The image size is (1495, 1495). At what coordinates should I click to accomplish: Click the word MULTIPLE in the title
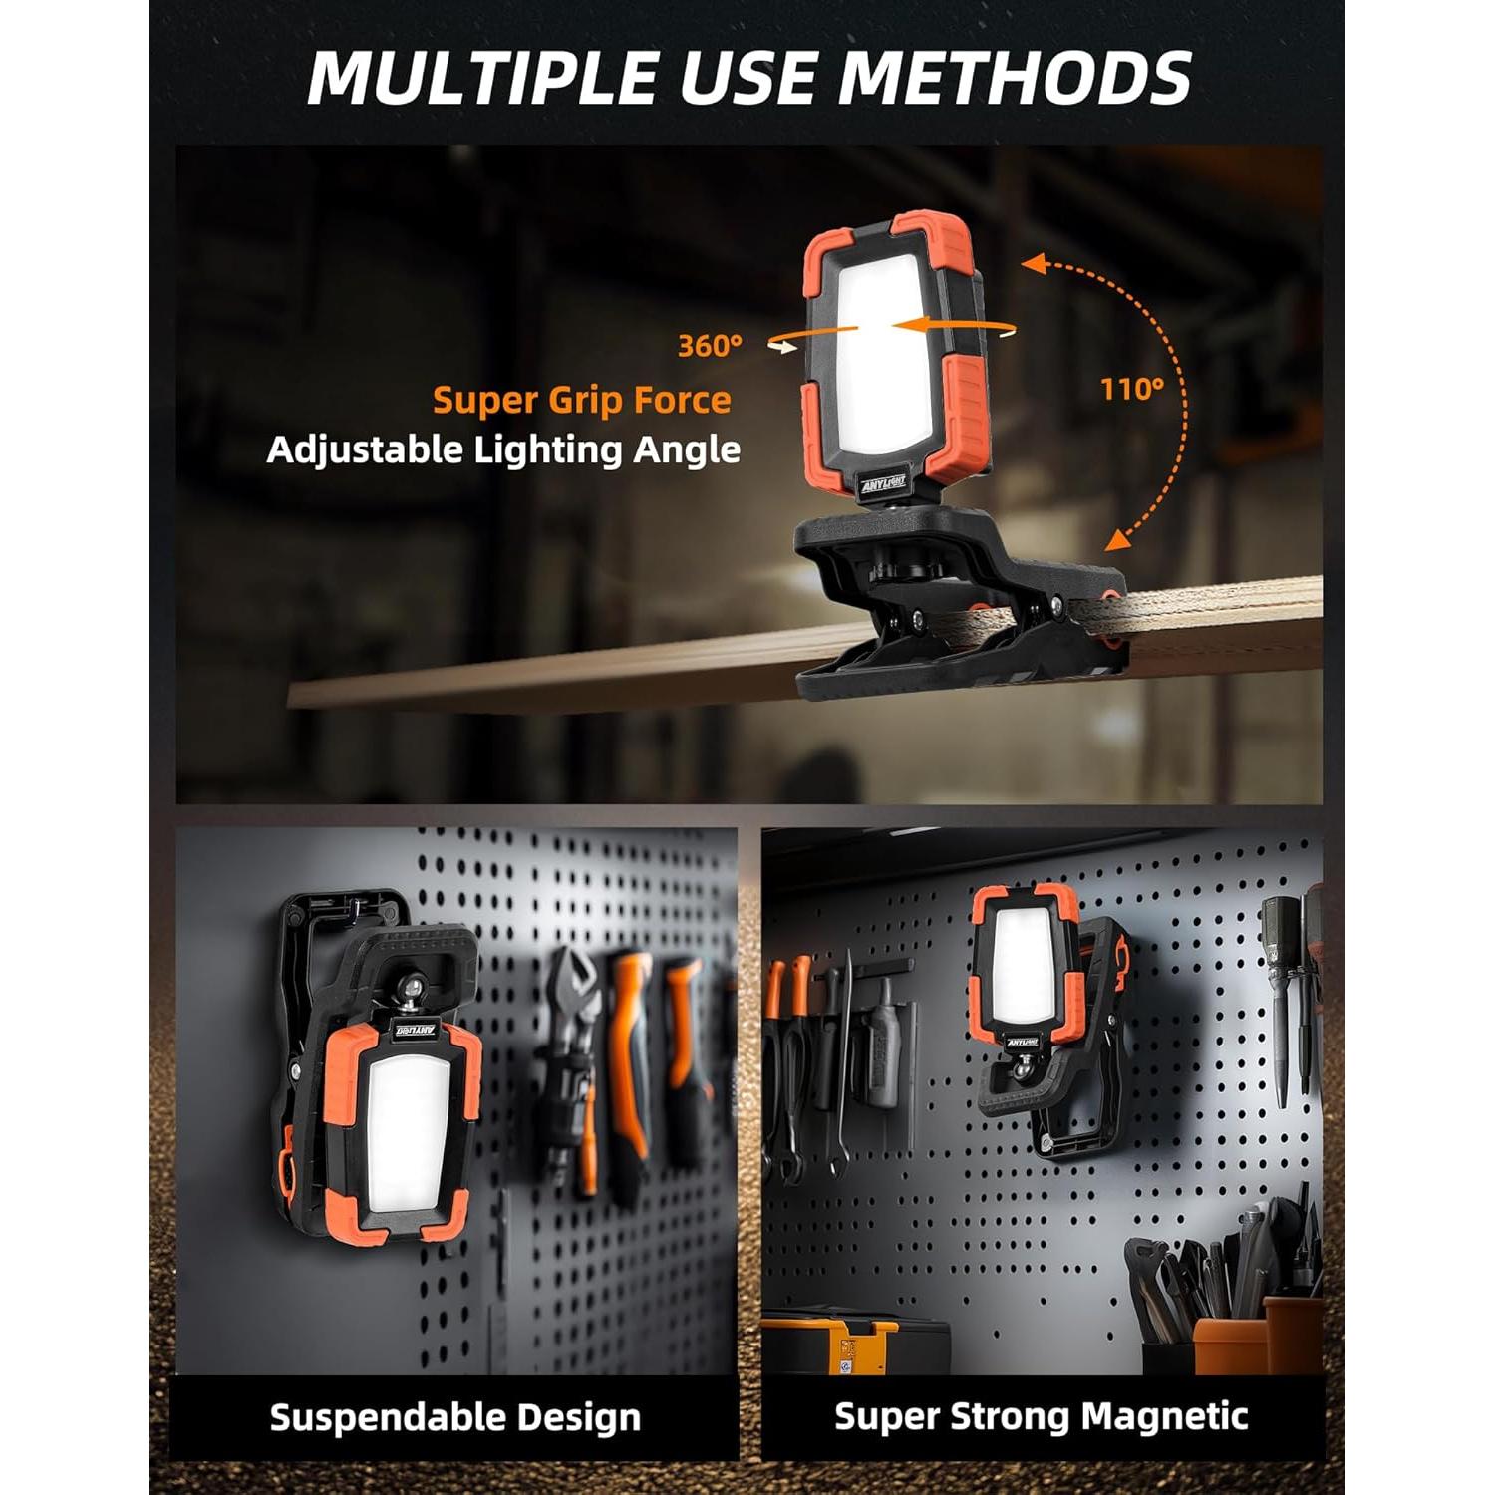[483, 77]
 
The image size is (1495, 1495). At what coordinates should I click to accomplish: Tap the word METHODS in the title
[1017, 77]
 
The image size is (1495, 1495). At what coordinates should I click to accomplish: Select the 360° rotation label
[710, 346]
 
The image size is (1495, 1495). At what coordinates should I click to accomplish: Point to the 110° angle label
[1132, 389]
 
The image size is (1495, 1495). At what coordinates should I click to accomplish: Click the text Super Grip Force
[581, 401]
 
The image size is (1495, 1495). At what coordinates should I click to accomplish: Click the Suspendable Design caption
[454, 1417]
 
